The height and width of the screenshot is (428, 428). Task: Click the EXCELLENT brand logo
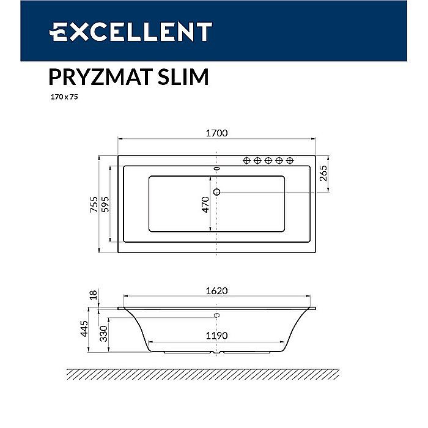pyautogui.click(x=131, y=31)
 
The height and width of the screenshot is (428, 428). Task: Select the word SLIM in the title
pyautogui.click(x=183, y=77)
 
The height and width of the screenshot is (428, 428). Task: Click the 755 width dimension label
pyautogui.click(x=94, y=204)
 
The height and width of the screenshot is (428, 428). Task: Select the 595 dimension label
pyautogui.click(x=105, y=204)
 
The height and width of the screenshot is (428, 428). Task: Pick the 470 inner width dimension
pyautogui.click(x=206, y=204)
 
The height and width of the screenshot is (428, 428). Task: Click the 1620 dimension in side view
pyautogui.click(x=217, y=291)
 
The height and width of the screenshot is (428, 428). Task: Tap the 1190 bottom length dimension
pyautogui.click(x=217, y=336)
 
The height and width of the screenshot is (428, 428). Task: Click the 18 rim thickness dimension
pyautogui.click(x=93, y=295)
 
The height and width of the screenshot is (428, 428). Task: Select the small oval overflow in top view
pyautogui.click(x=216, y=167)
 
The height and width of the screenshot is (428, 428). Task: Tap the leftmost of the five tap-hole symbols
pyautogui.click(x=247, y=160)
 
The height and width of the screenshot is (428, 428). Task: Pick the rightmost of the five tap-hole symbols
pyautogui.click(x=290, y=160)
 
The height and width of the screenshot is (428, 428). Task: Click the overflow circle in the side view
pyautogui.click(x=216, y=316)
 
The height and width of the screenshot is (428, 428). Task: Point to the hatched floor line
pyautogui.click(x=202, y=374)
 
